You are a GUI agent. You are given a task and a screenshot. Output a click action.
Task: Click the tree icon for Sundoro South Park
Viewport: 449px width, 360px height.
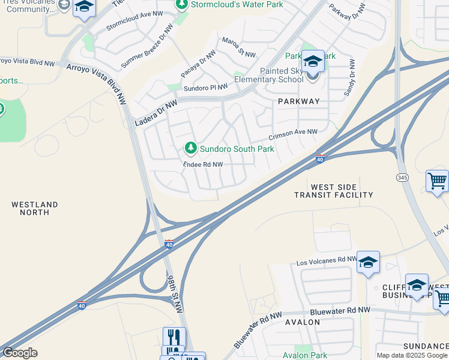coord(191,148)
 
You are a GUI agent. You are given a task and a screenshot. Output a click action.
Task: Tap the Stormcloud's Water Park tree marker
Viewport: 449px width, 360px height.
coord(182,5)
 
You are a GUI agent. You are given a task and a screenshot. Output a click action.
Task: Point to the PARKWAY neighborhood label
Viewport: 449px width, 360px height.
coord(299,101)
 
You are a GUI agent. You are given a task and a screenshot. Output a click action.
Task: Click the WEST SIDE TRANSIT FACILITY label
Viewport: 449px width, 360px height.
coord(334,191)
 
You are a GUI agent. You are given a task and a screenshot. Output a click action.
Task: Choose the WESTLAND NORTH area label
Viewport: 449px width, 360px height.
coord(35,209)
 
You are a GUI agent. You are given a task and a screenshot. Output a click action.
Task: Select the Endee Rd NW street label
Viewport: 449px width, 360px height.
coord(203,164)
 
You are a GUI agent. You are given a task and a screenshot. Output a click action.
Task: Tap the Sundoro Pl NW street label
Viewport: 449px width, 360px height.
coord(206,88)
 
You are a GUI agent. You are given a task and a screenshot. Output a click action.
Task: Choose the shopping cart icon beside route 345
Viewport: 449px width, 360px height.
coord(437,180)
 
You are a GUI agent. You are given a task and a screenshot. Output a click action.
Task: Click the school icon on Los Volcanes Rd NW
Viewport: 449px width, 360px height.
coord(368,262)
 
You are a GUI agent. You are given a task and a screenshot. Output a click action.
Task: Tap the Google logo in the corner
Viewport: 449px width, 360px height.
coord(19,353)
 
